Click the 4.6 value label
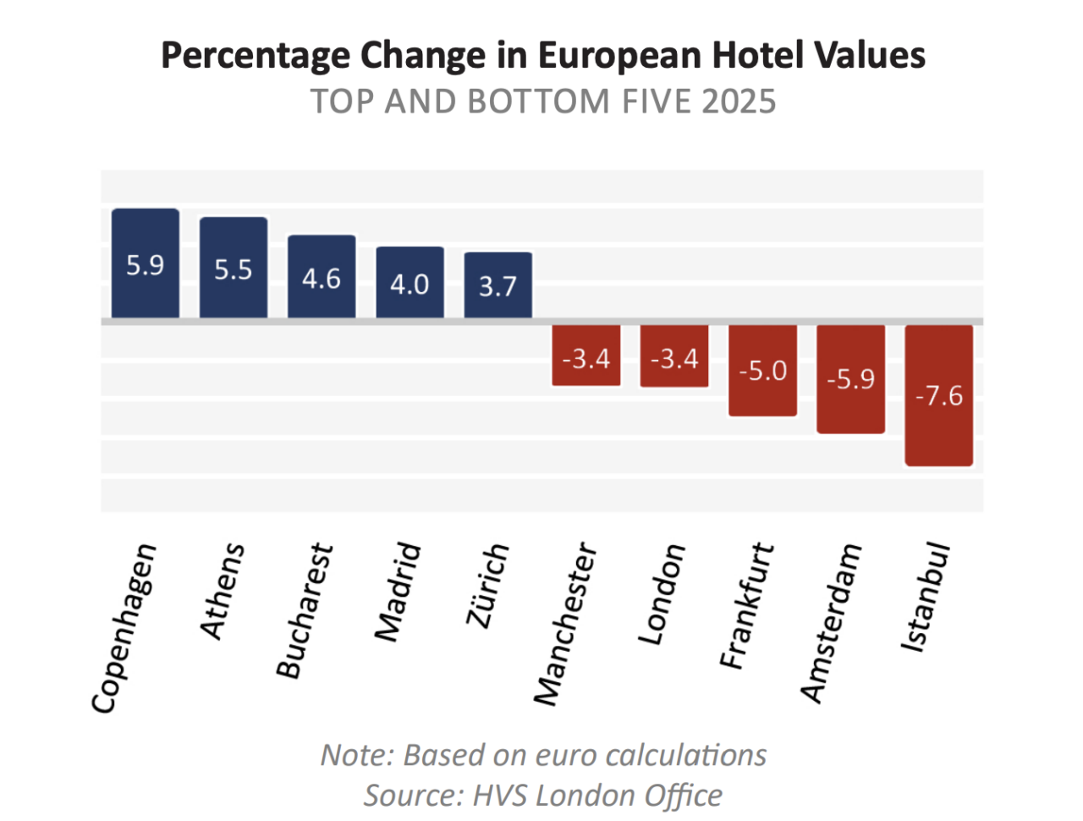(x=322, y=278)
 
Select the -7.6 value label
(x=939, y=395)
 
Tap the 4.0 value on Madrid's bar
(x=410, y=284)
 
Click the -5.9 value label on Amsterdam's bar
(x=851, y=378)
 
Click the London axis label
(x=662, y=593)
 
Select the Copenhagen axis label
(x=124, y=627)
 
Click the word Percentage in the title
(x=256, y=56)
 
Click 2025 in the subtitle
(x=738, y=102)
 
